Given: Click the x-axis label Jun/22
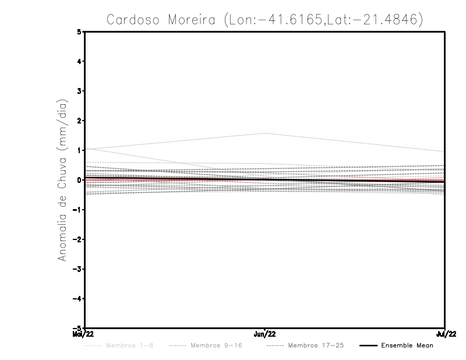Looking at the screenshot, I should [265, 334].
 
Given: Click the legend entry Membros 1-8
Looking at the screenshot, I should [130, 345].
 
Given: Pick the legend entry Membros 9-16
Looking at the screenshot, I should [216, 345].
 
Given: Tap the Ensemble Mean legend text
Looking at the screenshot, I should [407, 345].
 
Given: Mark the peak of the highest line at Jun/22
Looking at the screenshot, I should [265, 133].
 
